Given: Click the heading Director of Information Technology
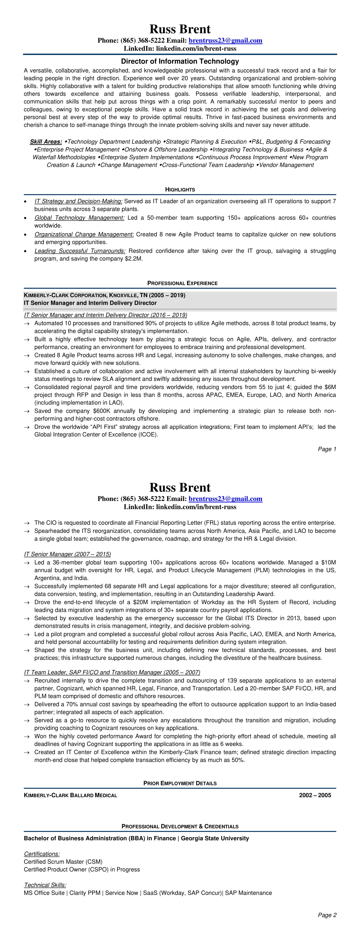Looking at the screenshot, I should (180, 61).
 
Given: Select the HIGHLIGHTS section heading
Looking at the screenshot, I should (180, 190).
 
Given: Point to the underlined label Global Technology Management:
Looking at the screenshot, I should (80, 218).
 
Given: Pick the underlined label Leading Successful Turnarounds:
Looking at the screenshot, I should (80, 251).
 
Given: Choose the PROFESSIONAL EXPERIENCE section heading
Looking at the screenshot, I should (182, 283).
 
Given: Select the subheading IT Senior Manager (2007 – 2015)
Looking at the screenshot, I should (68, 554).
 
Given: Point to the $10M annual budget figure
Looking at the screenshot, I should (328, 563).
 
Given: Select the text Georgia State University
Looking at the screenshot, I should (215, 838).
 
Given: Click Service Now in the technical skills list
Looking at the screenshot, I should (122, 893).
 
